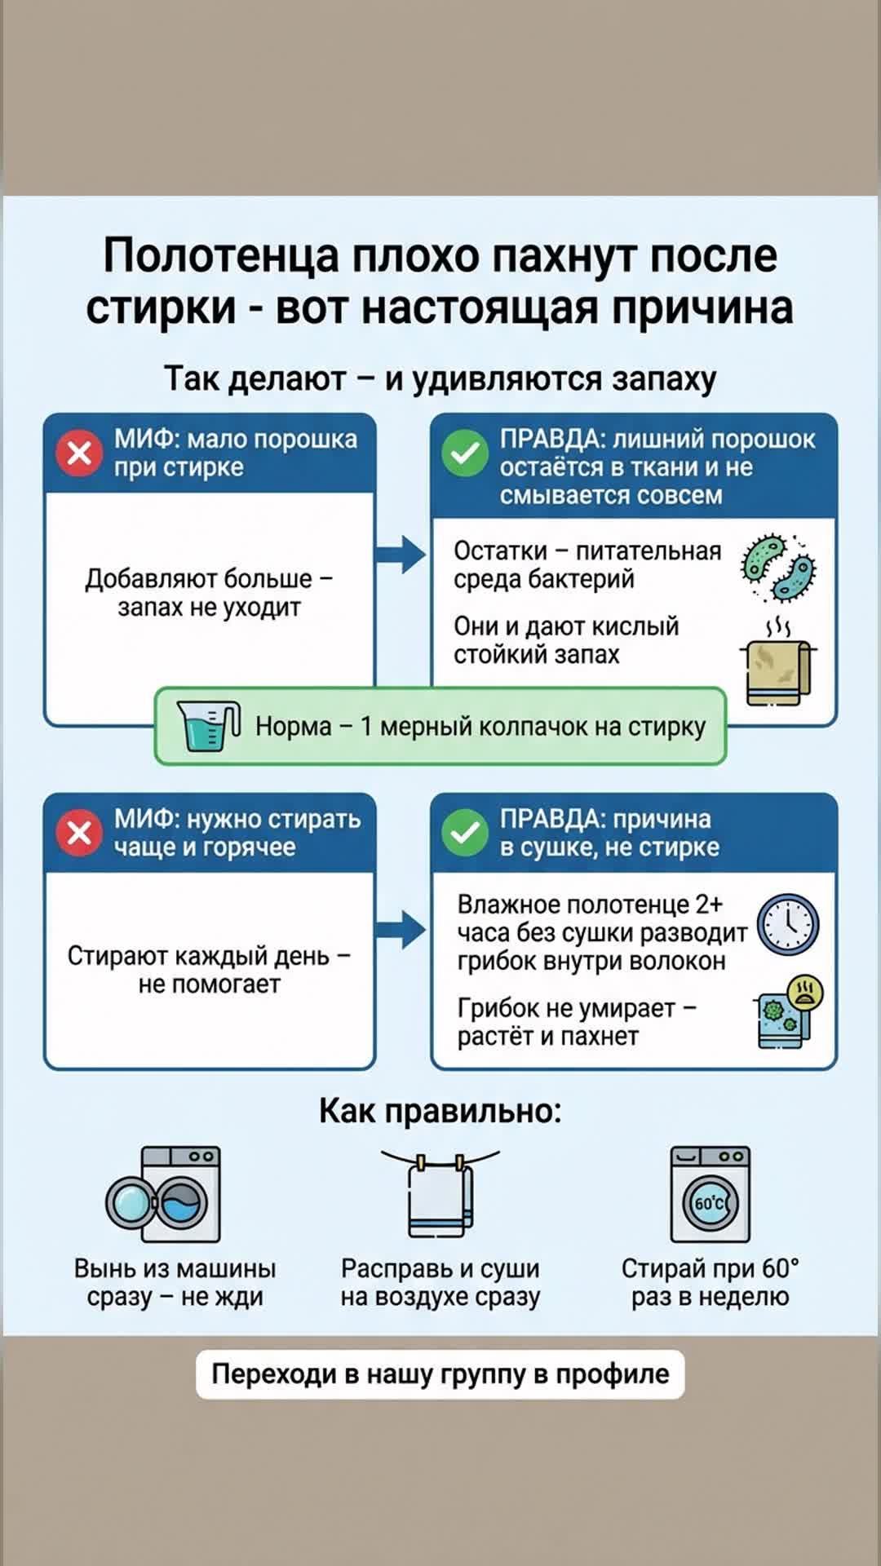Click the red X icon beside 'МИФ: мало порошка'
point(79,452)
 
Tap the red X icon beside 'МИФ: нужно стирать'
point(79,833)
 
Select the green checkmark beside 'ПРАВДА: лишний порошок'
point(465,452)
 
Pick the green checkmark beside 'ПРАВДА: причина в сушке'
point(465,833)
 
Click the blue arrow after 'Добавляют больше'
point(401,555)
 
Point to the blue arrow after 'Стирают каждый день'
point(401,929)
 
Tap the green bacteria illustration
point(778,567)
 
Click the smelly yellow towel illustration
point(778,665)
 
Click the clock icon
point(788,925)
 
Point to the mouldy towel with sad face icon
point(788,1012)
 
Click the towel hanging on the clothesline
point(440,1195)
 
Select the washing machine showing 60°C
point(711,1195)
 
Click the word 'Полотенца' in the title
point(221,255)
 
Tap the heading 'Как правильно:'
point(440,1111)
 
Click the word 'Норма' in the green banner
point(293,726)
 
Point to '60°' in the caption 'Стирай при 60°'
point(780,1268)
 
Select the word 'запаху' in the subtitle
point(664,379)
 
